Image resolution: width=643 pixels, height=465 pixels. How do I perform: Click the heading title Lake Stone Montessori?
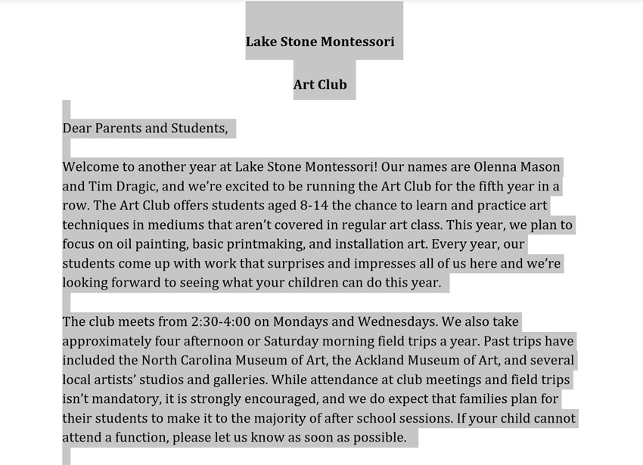tap(320, 42)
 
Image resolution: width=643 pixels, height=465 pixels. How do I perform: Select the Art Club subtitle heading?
tap(320, 85)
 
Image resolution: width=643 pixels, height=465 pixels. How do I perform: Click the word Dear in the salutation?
tap(76, 128)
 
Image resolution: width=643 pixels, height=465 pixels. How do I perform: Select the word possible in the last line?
tap(377, 438)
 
